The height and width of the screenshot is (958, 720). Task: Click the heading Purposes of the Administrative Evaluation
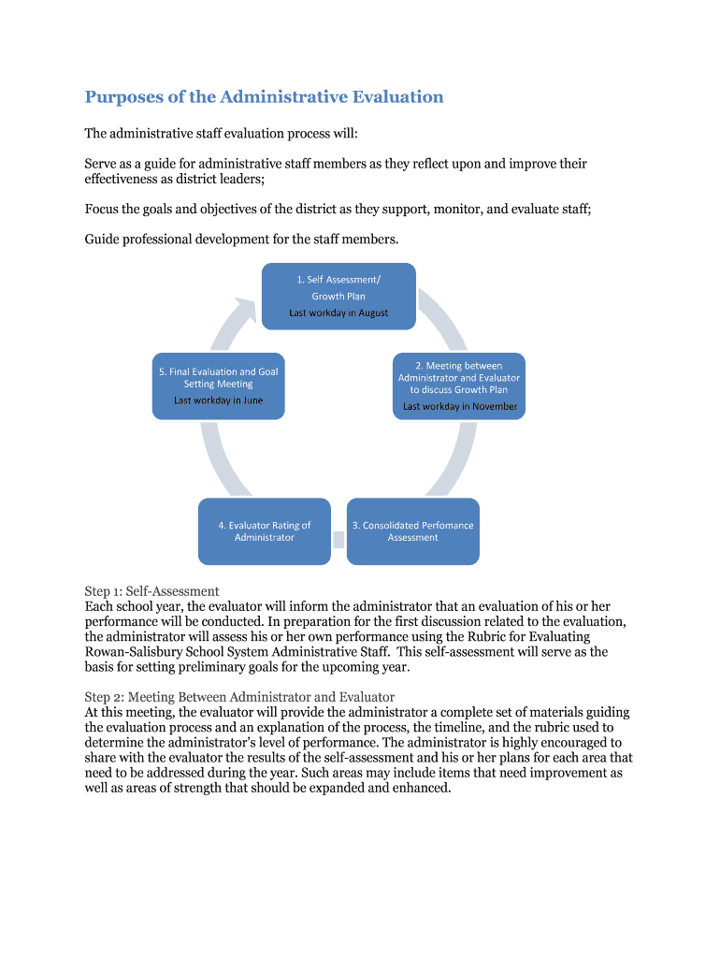tap(264, 96)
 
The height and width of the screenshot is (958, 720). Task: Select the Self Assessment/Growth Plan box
tap(338, 296)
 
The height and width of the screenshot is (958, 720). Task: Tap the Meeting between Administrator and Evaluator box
tap(458, 385)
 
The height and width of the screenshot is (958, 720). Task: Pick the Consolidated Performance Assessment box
tap(412, 531)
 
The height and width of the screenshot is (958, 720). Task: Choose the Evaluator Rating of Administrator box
tap(265, 531)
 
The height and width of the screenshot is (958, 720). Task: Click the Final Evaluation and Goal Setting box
tap(218, 385)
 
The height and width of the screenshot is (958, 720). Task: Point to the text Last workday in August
tap(338, 312)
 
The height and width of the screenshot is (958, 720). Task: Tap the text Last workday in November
tap(460, 406)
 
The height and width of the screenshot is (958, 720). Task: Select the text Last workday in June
tap(218, 400)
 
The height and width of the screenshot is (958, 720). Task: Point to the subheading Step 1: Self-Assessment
tap(151, 591)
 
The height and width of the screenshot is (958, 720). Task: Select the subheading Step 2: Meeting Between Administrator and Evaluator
tap(239, 697)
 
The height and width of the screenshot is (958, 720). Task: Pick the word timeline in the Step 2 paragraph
tap(496, 727)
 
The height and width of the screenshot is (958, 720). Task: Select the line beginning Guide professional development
tap(241, 239)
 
